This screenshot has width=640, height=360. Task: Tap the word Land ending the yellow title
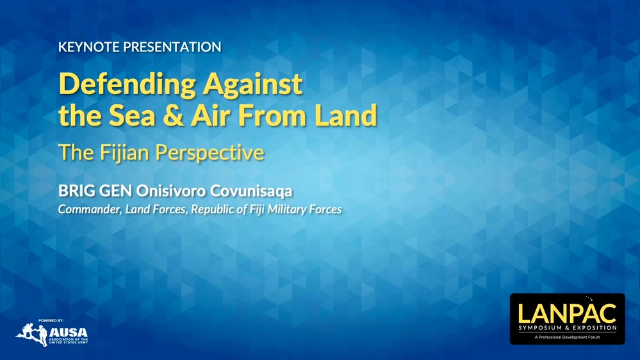(346, 117)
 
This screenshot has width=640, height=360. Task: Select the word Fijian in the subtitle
(120, 152)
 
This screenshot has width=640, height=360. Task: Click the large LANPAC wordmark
(567, 313)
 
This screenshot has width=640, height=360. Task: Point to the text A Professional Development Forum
(567, 337)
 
